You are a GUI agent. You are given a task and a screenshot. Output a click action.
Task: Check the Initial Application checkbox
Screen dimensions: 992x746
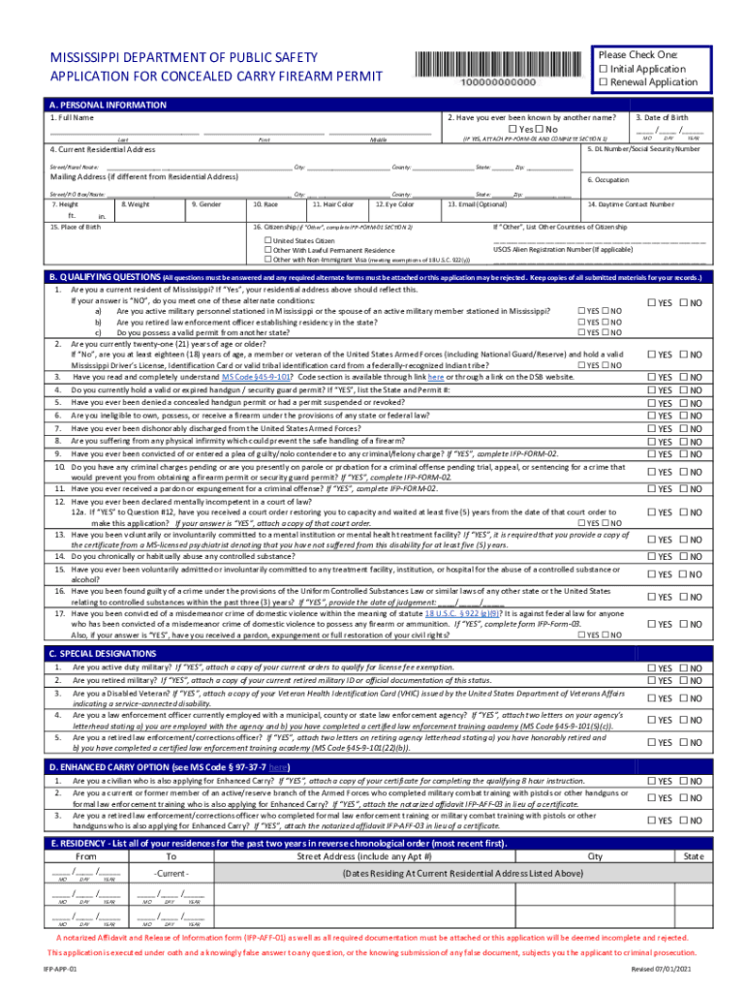tap(605, 69)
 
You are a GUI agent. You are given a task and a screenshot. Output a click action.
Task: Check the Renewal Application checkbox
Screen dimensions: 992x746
tap(605, 82)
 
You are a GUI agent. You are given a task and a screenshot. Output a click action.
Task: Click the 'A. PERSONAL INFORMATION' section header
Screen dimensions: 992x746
tap(108, 105)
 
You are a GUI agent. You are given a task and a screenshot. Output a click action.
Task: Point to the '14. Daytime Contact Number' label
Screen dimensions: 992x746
tap(631, 204)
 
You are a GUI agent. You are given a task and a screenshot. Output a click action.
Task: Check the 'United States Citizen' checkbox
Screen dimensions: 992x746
tap(269, 240)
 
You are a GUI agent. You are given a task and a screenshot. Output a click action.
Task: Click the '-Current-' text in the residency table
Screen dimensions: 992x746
tap(171, 874)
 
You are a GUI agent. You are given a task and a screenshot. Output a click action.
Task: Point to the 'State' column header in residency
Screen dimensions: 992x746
tap(694, 856)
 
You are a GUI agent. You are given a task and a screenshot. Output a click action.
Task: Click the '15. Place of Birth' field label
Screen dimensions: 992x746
tap(76, 226)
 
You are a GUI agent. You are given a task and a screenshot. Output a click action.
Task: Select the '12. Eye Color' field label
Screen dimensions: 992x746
tap(394, 204)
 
